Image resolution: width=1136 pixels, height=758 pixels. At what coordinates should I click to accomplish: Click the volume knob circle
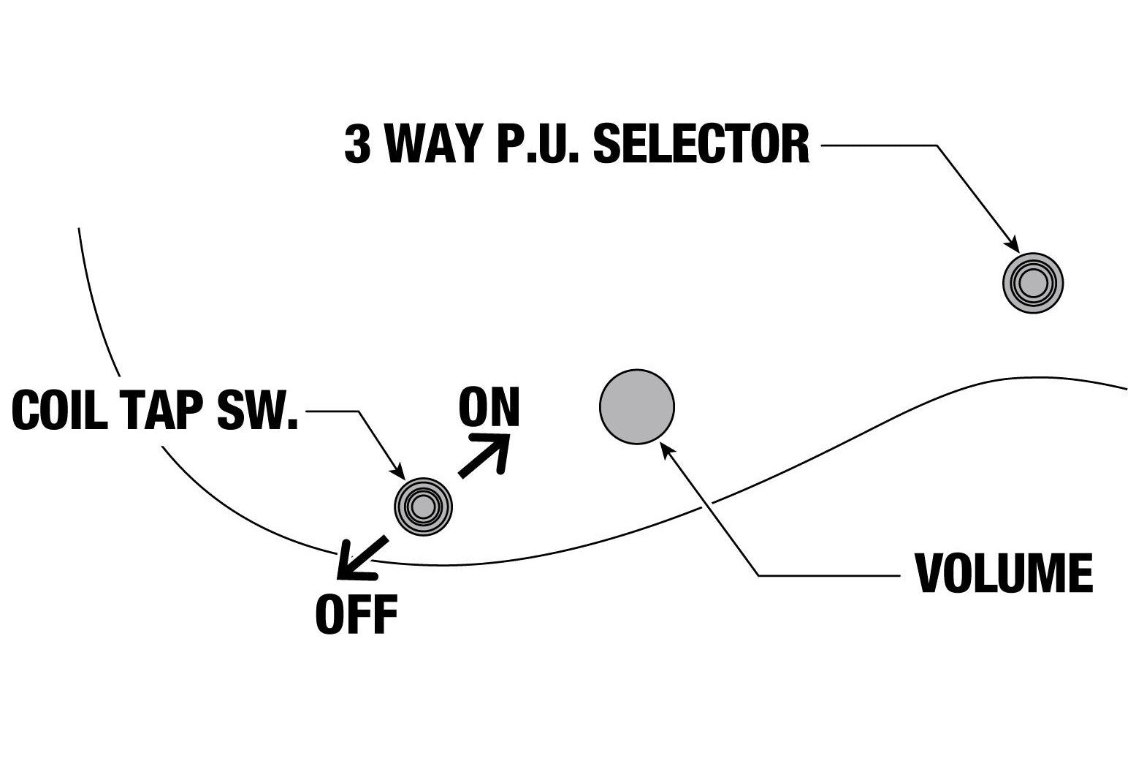636,406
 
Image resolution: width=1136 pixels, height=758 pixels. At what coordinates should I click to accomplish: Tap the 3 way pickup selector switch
1032,283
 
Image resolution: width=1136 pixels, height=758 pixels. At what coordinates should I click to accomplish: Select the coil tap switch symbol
423,507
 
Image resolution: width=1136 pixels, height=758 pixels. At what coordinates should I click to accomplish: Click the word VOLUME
1004,574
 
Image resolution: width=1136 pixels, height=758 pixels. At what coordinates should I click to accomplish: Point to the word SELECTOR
701,145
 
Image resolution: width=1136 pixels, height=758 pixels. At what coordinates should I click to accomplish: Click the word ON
489,406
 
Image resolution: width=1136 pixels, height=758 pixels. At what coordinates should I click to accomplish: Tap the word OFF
357,614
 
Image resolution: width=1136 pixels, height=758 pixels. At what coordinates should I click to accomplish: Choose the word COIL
60,411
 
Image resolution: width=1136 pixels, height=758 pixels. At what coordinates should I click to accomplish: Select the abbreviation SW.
258,411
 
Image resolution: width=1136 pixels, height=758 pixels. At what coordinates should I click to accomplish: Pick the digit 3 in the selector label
357,145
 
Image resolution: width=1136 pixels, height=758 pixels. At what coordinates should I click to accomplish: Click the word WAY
432,145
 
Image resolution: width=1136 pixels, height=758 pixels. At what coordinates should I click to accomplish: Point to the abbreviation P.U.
538,145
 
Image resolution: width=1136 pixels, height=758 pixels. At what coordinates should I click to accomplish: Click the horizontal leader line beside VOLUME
829,576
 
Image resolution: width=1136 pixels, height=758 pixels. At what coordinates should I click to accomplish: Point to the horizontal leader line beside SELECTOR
879,145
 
